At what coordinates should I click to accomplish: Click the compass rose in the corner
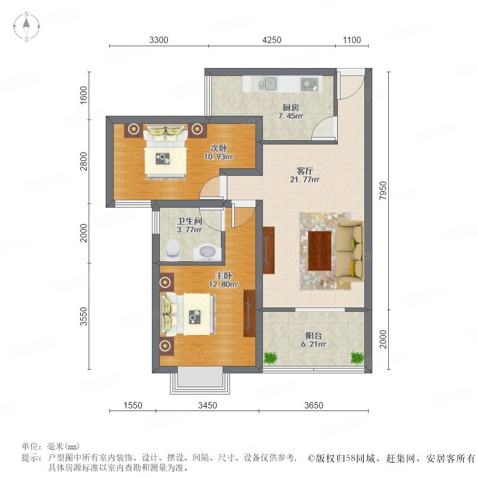click(27, 26)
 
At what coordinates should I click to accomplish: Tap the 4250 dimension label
click(271, 40)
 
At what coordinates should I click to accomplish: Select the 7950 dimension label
click(383, 191)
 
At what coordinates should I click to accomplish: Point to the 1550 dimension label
click(133, 405)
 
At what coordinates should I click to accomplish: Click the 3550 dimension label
click(83, 317)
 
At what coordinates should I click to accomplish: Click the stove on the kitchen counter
click(309, 84)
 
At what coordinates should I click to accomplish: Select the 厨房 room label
click(291, 107)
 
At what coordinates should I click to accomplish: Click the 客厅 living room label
click(304, 171)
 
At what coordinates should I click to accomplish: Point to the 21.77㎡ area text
click(304, 180)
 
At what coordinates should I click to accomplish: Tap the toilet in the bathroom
click(173, 250)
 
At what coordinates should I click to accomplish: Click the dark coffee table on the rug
click(320, 251)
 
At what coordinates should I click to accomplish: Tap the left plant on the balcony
click(270, 357)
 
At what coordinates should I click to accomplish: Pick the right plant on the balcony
click(357, 358)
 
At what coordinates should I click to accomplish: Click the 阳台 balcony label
click(314, 336)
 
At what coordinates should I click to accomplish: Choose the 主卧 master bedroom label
click(224, 276)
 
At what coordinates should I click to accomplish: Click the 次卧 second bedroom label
click(219, 148)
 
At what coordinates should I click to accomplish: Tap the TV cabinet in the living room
click(269, 250)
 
